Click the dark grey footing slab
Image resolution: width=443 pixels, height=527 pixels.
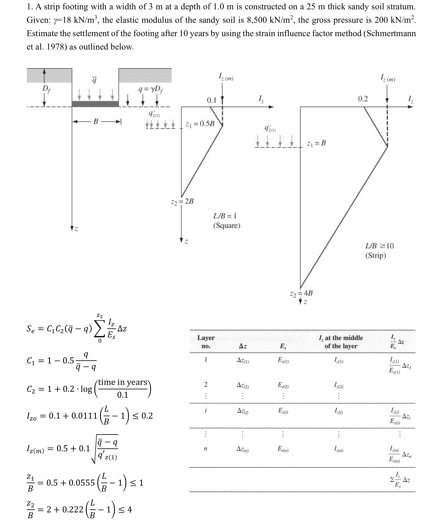coord(95,104)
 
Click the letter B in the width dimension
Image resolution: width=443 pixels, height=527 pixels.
coord(96,122)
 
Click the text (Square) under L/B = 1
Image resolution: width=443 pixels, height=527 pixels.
coord(227,226)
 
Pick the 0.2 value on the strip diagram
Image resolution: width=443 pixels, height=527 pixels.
coord(363,99)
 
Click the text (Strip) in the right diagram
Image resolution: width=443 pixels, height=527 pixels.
coord(375,256)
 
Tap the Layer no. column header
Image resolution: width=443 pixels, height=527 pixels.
coord(206,342)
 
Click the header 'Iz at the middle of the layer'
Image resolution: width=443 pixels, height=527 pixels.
coord(341,342)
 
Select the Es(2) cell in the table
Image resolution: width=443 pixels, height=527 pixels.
coord(283,385)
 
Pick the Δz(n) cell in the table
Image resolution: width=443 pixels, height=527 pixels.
coord(243,449)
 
